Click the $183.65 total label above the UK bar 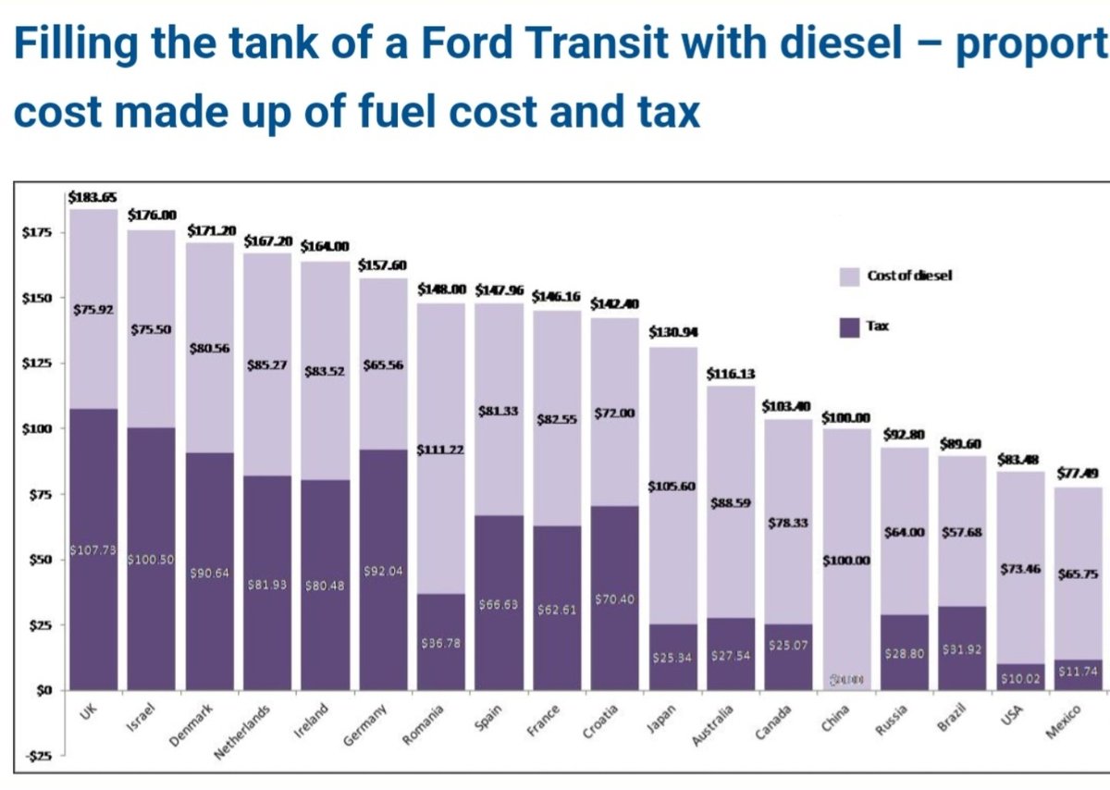click(x=92, y=197)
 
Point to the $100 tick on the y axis click(x=37, y=429)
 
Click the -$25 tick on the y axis click(x=37, y=757)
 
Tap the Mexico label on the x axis click(x=1063, y=721)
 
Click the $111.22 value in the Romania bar click(x=440, y=450)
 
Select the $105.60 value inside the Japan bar click(x=672, y=487)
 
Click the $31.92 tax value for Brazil click(x=962, y=649)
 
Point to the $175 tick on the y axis click(x=37, y=232)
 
